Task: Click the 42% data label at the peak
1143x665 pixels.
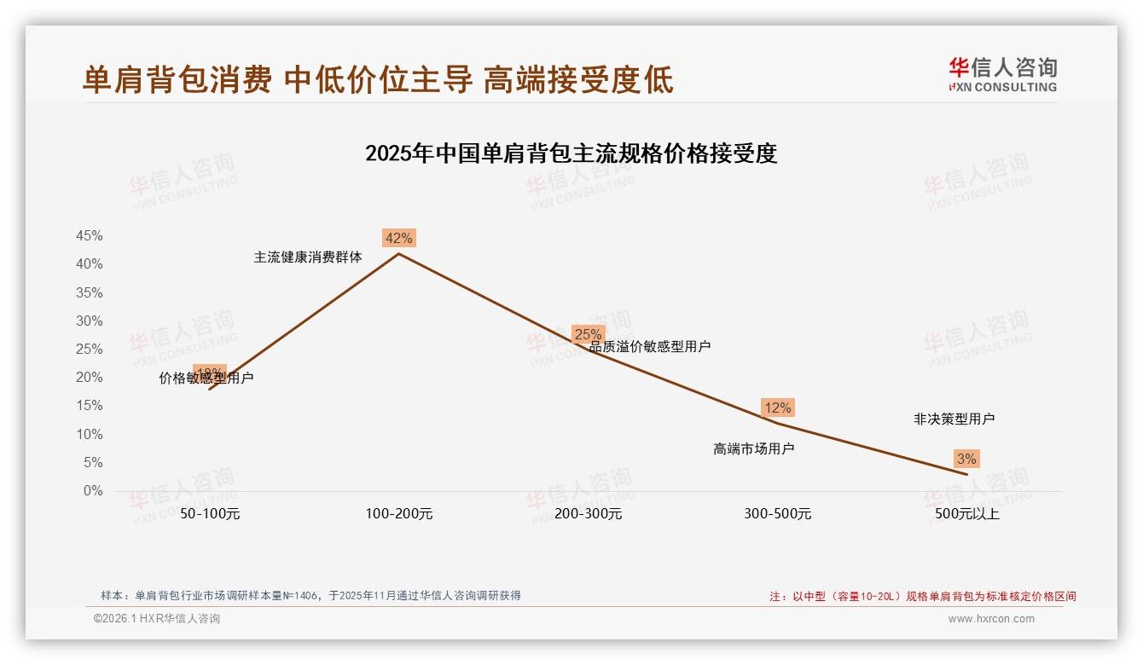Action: (x=398, y=239)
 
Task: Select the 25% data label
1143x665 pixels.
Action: (x=588, y=334)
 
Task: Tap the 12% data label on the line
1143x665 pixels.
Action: (x=777, y=408)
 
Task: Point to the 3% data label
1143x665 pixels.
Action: (x=966, y=459)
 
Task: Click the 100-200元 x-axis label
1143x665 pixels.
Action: (x=399, y=514)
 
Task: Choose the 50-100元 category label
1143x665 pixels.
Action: (x=210, y=514)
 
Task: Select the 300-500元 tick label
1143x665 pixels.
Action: (x=777, y=514)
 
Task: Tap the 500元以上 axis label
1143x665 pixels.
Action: (x=966, y=514)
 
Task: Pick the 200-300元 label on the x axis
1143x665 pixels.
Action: (x=588, y=514)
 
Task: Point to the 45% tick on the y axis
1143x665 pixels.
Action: (x=90, y=236)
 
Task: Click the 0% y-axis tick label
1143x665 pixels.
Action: (x=93, y=491)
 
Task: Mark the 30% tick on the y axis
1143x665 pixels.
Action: (x=90, y=321)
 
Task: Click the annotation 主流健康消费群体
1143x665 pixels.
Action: (x=308, y=257)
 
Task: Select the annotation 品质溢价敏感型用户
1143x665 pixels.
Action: (x=650, y=347)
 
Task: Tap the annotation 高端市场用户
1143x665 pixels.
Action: (x=753, y=448)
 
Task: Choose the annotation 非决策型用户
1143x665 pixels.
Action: (x=954, y=419)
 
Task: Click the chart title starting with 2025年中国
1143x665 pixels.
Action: (x=571, y=153)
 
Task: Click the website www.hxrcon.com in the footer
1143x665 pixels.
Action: (x=991, y=619)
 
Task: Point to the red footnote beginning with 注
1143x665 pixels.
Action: (x=923, y=597)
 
